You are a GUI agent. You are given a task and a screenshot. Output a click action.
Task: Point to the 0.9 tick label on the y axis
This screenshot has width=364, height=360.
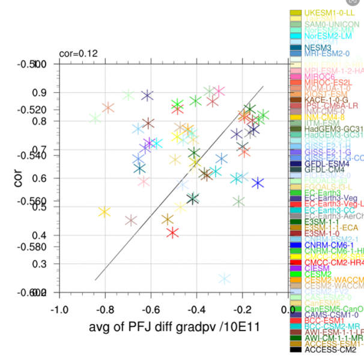pos(39,92)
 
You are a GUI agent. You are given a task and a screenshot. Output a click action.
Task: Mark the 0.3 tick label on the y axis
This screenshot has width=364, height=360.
pos(39,263)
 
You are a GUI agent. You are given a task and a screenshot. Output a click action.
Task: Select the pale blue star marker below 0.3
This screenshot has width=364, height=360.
pos(225,278)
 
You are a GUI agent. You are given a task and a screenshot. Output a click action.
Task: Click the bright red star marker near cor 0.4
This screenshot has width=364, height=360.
pos(173,232)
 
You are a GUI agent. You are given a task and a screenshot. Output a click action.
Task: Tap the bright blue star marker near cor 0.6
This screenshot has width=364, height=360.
pos(258,183)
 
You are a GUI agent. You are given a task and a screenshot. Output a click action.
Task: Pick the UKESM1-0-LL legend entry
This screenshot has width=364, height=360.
pos(327,13)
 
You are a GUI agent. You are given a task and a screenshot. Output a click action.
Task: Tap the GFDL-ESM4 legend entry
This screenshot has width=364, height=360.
pos(327,163)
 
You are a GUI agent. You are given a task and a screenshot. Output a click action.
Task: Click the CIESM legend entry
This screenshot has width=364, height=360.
pos(318,268)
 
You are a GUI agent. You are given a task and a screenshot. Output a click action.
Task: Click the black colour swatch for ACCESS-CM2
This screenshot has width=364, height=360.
pos(295,349)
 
